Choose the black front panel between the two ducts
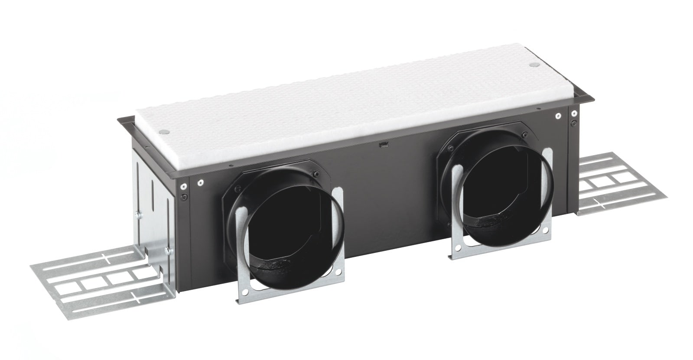pyautogui.click(x=390, y=195)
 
